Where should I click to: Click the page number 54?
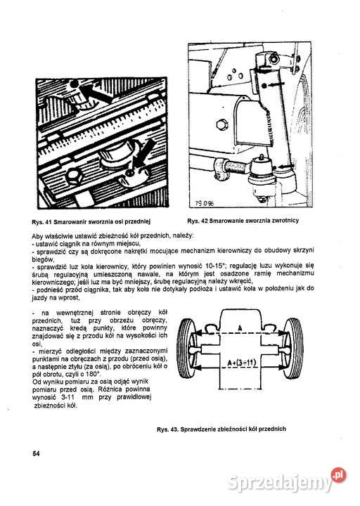[x=36, y=453]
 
